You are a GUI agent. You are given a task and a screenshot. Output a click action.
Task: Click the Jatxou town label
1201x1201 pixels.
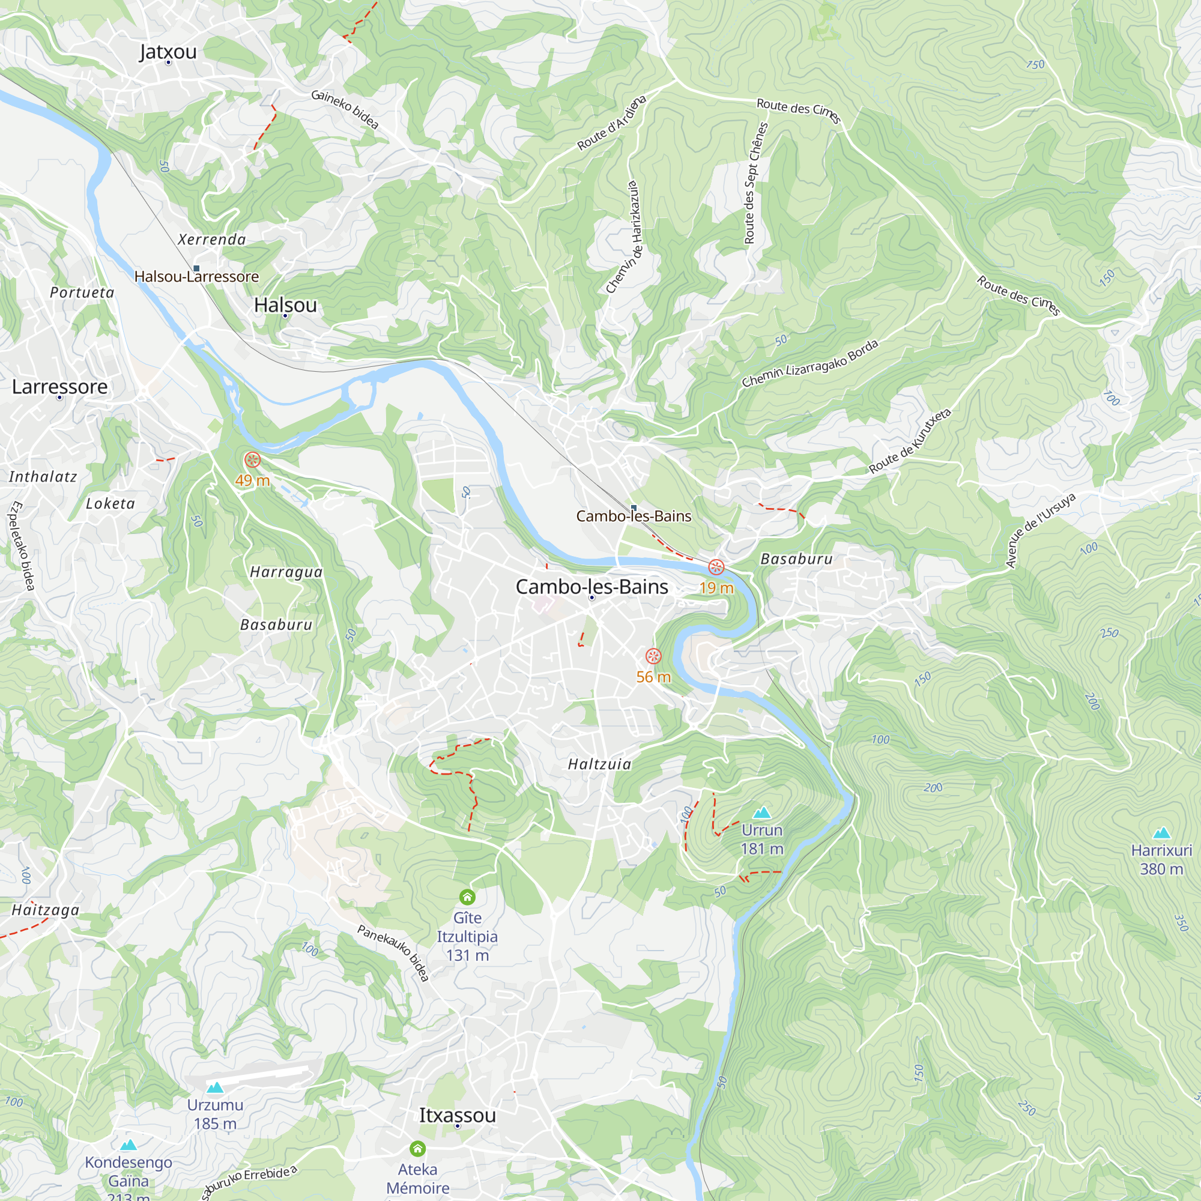[x=168, y=52]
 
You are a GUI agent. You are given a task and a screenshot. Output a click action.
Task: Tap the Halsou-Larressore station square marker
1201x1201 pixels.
[x=196, y=268]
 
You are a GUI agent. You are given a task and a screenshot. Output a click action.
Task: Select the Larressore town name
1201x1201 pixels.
[x=59, y=387]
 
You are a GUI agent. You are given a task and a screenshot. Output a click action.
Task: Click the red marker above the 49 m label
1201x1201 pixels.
[x=252, y=460]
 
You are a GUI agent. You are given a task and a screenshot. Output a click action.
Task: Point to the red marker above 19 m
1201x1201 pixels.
[x=716, y=567]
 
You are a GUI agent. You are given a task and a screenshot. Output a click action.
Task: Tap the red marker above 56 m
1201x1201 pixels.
[x=653, y=656]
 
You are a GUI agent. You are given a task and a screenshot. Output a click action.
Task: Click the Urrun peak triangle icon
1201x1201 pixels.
[x=762, y=812]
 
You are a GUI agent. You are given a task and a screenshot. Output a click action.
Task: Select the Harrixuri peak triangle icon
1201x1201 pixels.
[x=1162, y=833]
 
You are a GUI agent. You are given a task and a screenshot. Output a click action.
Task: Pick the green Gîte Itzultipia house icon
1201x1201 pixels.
[x=467, y=897]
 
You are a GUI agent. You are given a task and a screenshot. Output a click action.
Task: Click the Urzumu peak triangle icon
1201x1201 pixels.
[x=215, y=1088]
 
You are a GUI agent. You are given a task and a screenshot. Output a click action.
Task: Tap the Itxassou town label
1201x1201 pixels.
[x=458, y=1115]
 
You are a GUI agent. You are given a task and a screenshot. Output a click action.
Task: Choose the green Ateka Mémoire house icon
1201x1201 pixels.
[x=418, y=1148]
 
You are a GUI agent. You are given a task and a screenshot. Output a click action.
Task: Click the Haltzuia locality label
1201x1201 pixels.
[x=600, y=764]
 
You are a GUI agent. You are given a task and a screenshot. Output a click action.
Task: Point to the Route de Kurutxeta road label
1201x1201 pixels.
[x=910, y=441]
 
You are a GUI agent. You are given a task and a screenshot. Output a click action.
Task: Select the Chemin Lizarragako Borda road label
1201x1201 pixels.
[x=810, y=364]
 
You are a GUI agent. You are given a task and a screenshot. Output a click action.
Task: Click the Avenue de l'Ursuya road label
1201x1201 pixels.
[x=1041, y=530]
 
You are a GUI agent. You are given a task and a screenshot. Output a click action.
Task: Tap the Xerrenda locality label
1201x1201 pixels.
[x=212, y=240]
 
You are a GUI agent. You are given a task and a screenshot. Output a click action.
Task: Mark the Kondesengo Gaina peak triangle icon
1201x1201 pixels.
[x=129, y=1145]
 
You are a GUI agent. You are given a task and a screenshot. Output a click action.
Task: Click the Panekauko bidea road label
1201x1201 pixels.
[x=393, y=953]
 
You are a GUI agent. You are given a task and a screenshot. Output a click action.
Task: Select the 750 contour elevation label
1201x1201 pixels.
[x=1036, y=65]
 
